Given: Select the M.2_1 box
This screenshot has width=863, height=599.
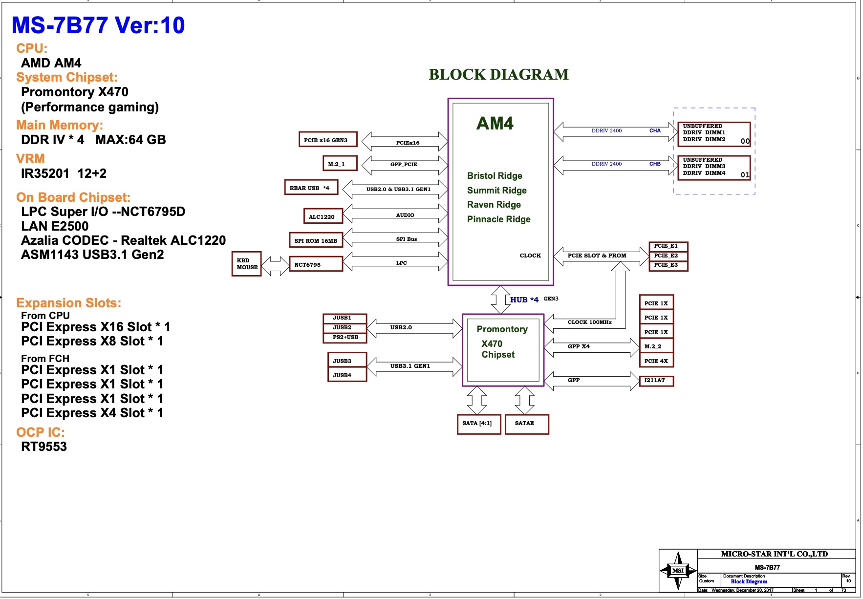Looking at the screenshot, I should tap(340, 164).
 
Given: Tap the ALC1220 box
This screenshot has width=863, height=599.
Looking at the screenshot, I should tap(322, 216).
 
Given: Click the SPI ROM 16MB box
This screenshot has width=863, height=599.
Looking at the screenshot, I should tap(316, 240).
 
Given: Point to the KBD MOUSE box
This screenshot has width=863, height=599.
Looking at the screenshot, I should tap(247, 264).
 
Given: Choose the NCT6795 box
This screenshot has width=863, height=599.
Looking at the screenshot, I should tap(316, 264).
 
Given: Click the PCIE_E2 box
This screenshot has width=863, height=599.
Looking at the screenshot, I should tap(668, 256).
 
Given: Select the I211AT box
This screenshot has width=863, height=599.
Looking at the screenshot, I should tap(656, 380).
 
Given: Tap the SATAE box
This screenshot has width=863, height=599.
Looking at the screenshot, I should tap(526, 424).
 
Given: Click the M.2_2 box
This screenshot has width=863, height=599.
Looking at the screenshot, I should tap(656, 346).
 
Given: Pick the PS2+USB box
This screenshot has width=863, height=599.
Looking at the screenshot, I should tap(345, 338).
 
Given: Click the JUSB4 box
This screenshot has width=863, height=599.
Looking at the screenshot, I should tap(346, 375).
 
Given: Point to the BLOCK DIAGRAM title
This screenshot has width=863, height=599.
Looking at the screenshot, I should tap(498, 75).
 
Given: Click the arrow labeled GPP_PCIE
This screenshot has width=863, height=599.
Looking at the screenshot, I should tap(404, 165).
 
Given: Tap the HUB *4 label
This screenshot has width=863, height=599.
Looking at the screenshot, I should tap(524, 299).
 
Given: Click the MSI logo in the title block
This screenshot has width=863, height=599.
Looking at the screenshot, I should tap(678, 570).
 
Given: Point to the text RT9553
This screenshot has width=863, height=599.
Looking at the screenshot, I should tap(44, 447).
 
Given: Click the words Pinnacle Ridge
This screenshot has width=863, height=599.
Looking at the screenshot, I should tap(498, 219).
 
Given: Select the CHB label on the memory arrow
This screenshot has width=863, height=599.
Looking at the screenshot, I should tap(655, 164).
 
